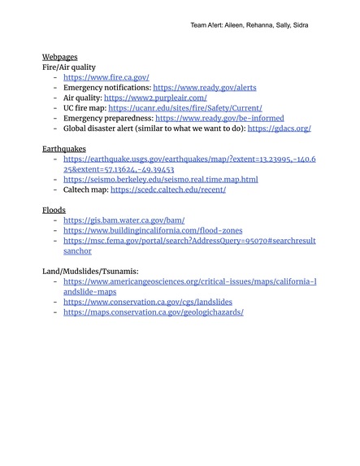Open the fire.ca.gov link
coord(106,77)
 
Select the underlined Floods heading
coord(54,210)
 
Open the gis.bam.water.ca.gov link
coord(124,220)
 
